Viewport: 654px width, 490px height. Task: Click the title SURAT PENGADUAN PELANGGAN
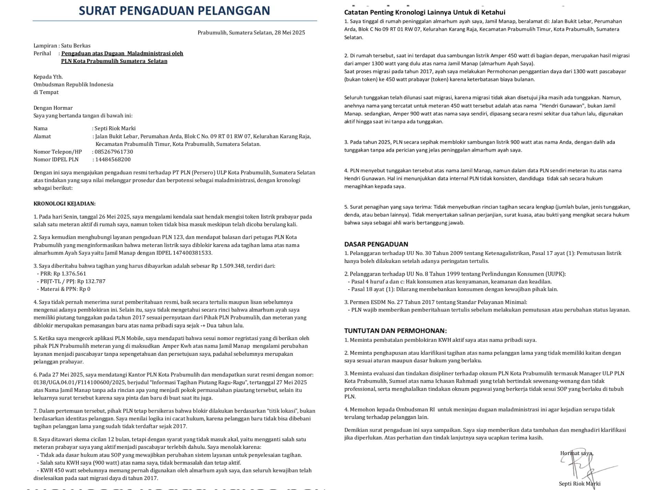point(174,11)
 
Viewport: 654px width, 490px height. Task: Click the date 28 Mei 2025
point(290,33)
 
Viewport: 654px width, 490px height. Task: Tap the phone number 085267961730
point(114,152)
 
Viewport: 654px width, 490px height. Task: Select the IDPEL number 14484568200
point(113,160)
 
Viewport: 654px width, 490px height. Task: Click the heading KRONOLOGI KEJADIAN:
point(64,204)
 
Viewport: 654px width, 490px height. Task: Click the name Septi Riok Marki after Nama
point(115,129)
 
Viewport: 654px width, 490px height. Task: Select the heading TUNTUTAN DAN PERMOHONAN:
point(395,331)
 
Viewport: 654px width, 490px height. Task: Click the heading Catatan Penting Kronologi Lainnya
point(425,13)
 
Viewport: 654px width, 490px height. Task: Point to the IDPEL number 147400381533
point(191,253)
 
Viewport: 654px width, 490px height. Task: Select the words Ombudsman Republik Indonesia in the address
point(73,85)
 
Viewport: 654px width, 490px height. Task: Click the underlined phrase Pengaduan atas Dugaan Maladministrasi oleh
point(122,54)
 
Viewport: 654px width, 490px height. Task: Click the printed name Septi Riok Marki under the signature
point(579,484)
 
